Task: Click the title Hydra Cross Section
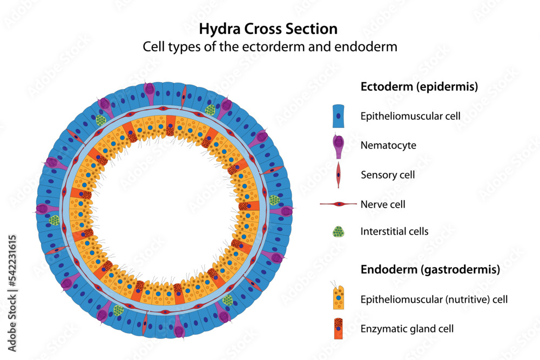[x=268, y=29]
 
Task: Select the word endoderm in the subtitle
[x=371, y=47]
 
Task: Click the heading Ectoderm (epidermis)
[x=419, y=87]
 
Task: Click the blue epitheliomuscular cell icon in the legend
[x=339, y=116]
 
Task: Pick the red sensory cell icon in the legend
[x=339, y=175]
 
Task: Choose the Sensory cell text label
[x=388, y=175]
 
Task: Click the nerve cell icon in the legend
[x=339, y=205]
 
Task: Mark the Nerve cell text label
[x=383, y=205]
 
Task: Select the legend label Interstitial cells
[x=394, y=232]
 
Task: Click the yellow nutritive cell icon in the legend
[x=339, y=297]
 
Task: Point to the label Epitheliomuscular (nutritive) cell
[x=434, y=298]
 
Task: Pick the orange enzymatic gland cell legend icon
[x=339, y=328]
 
